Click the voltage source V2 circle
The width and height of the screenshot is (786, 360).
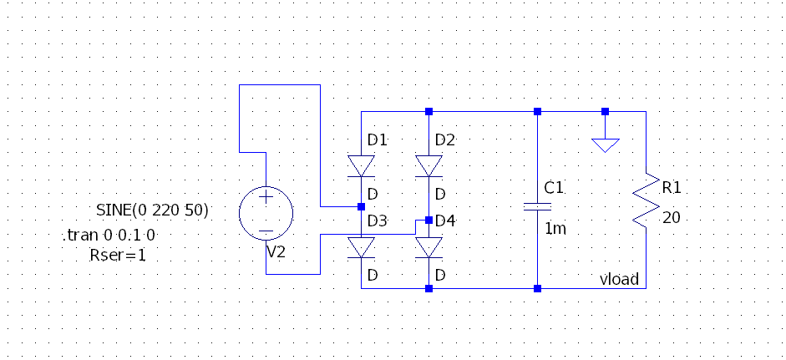point(266,214)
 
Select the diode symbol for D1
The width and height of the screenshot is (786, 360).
point(361,165)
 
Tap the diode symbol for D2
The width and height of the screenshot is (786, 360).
point(428,165)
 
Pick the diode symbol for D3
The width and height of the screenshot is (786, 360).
point(361,247)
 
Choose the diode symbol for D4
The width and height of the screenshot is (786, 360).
point(428,247)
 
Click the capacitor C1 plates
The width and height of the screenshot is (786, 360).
point(537,205)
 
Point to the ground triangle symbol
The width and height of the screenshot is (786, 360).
point(606,145)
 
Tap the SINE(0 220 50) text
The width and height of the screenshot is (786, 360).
point(152,209)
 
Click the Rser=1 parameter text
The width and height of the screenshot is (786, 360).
point(117,256)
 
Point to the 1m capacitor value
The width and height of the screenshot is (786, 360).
point(555,228)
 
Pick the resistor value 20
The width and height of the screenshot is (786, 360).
point(671,218)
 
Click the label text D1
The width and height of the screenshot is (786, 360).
point(378,139)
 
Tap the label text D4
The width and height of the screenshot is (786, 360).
point(445,221)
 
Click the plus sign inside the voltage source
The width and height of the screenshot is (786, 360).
point(266,198)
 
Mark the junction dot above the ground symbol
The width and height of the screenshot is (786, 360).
point(606,111)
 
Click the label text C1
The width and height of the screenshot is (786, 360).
point(555,188)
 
